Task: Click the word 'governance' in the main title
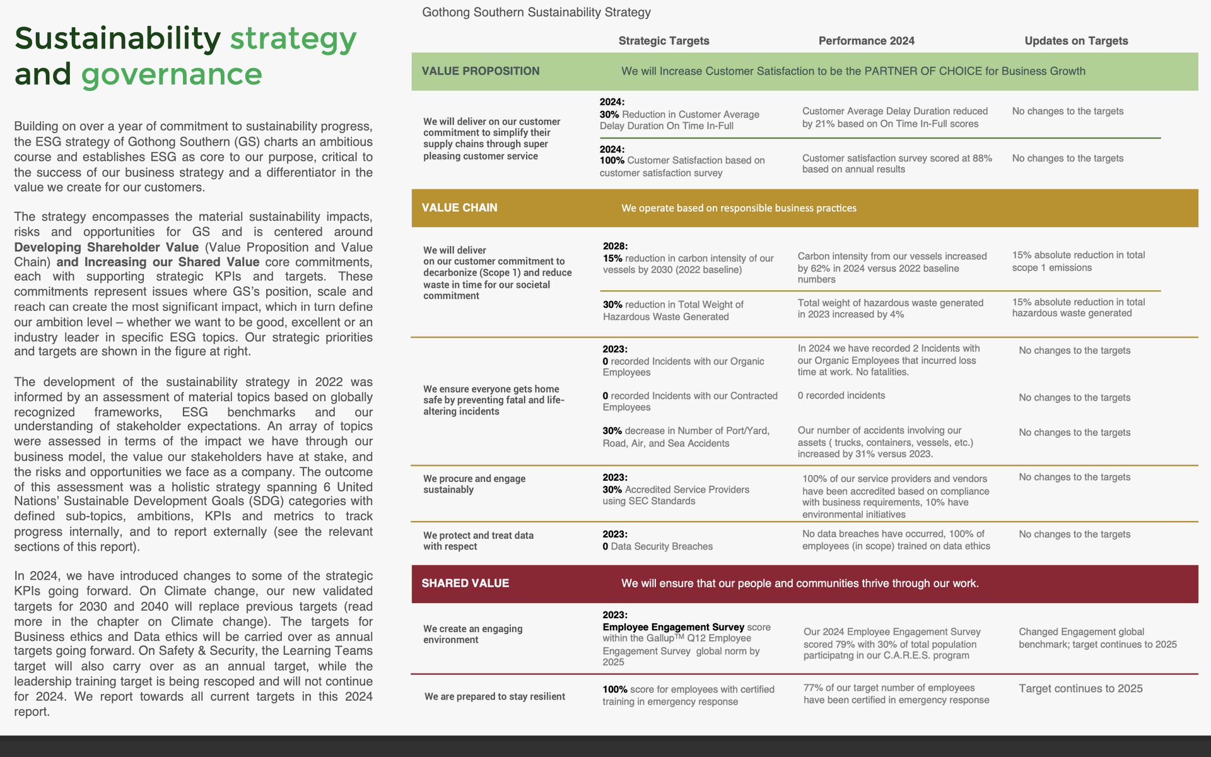coord(171,74)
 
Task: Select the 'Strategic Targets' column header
coord(664,41)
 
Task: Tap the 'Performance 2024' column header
coord(866,41)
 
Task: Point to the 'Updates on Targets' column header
coord(1076,41)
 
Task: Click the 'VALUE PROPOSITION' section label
coord(480,71)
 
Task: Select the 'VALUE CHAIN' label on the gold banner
coord(459,208)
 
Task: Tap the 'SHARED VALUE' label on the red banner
coord(465,583)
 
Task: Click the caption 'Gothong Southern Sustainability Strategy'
coord(536,12)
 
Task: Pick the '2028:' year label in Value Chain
coord(615,246)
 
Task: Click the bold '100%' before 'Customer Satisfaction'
coord(612,161)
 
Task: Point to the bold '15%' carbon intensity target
coord(612,258)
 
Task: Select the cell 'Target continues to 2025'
coord(1080,689)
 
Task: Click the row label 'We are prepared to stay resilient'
coord(494,696)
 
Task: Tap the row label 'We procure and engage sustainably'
coord(474,484)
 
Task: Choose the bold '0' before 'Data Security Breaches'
coord(605,546)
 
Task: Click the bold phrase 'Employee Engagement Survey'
coord(673,627)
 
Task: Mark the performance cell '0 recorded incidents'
coord(841,396)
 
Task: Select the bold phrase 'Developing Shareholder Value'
coord(106,247)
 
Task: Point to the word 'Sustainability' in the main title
coord(117,38)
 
